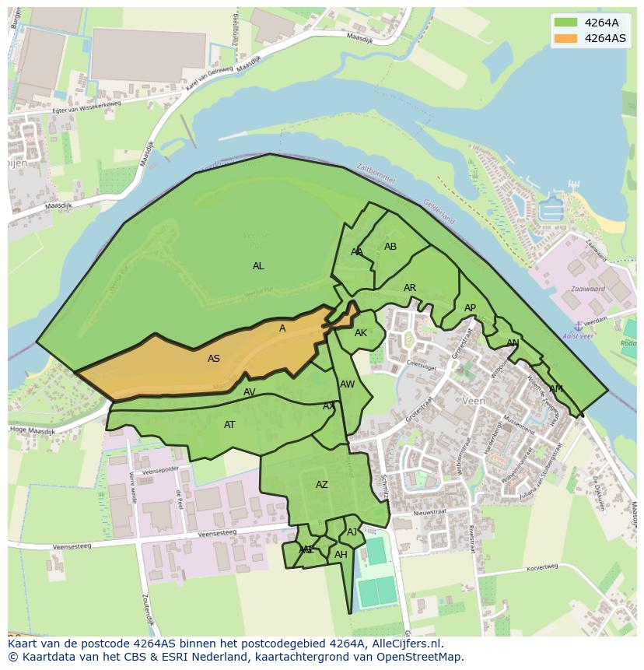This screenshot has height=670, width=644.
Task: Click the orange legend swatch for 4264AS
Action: [x=565, y=38]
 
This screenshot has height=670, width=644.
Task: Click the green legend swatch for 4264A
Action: [x=565, y=23]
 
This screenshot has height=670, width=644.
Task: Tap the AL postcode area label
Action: [x=258, y=266]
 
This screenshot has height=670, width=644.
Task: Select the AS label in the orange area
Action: [x=214, y=359]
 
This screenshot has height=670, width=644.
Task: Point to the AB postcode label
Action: [x=390, y=247]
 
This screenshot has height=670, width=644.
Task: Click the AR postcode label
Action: [x=410, y=288]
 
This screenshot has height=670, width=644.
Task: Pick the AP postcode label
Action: [x=470, y=308]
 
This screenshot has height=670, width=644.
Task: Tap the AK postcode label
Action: [x=361, y=333]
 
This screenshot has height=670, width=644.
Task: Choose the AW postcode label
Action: [x=347, y=384]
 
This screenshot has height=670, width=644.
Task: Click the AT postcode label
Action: [x=229, y=425]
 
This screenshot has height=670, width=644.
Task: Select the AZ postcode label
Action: [x=322, y=485]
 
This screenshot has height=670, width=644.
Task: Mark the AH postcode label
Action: [x=341, y=555]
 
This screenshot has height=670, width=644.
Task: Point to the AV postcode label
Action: [x=250, y=392]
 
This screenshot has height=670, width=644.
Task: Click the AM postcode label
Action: [x=555, y=389]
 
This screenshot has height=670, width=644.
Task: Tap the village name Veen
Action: [x=473, y=401]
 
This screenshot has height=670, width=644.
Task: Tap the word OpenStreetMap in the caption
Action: [x=421, y=657]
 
